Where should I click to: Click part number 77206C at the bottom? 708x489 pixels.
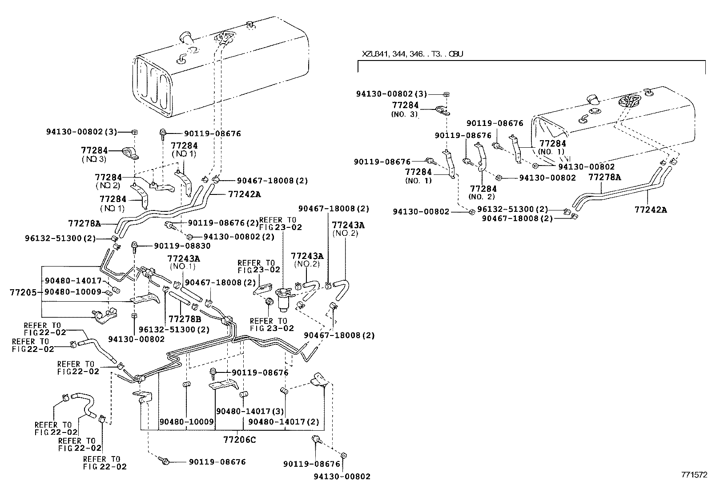239,440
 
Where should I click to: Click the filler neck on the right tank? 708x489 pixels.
593,100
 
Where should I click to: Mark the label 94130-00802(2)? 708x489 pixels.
239,237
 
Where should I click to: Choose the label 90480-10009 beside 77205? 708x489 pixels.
73,292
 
